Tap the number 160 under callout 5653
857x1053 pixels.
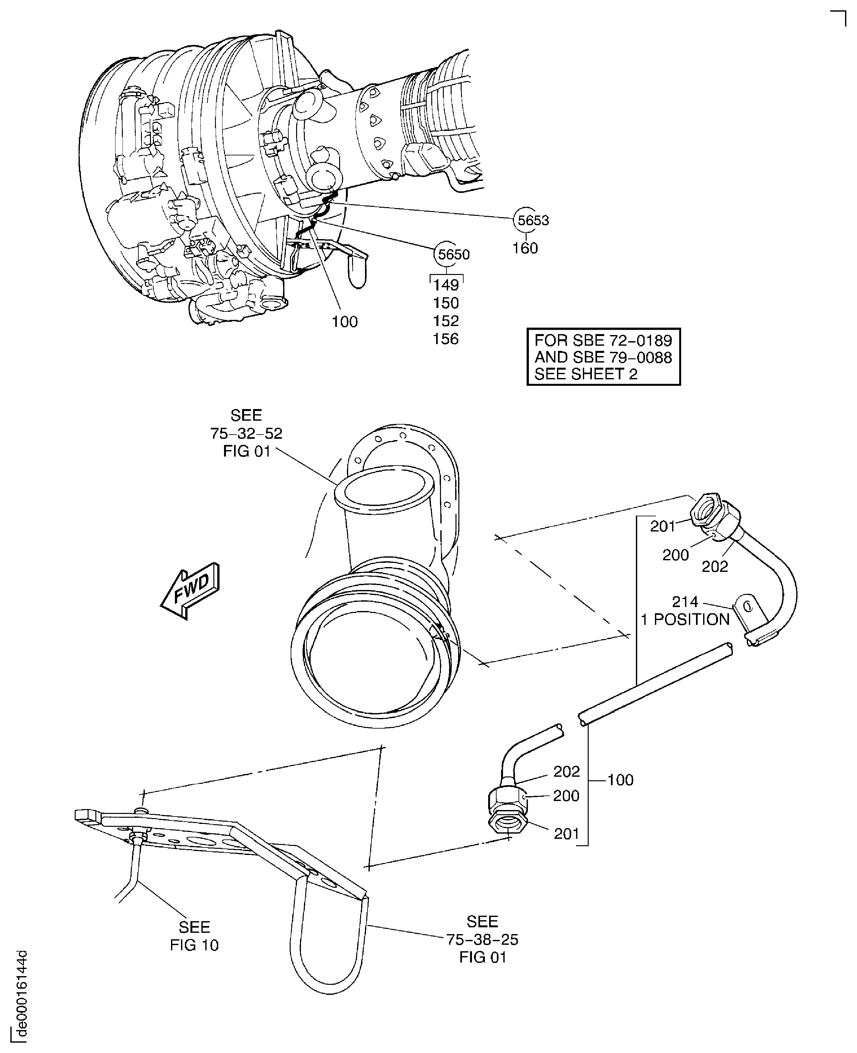(x=525, y=248)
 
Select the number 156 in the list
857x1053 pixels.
(x=446, y=339)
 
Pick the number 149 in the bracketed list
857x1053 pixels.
(x=446, y=285)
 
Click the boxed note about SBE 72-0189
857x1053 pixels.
(x=603, y=357)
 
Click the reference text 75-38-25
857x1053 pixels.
(x=482, y=940)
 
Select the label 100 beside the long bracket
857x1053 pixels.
(x=620, y=780)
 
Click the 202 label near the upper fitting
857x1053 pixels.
(x=714, y=566)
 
